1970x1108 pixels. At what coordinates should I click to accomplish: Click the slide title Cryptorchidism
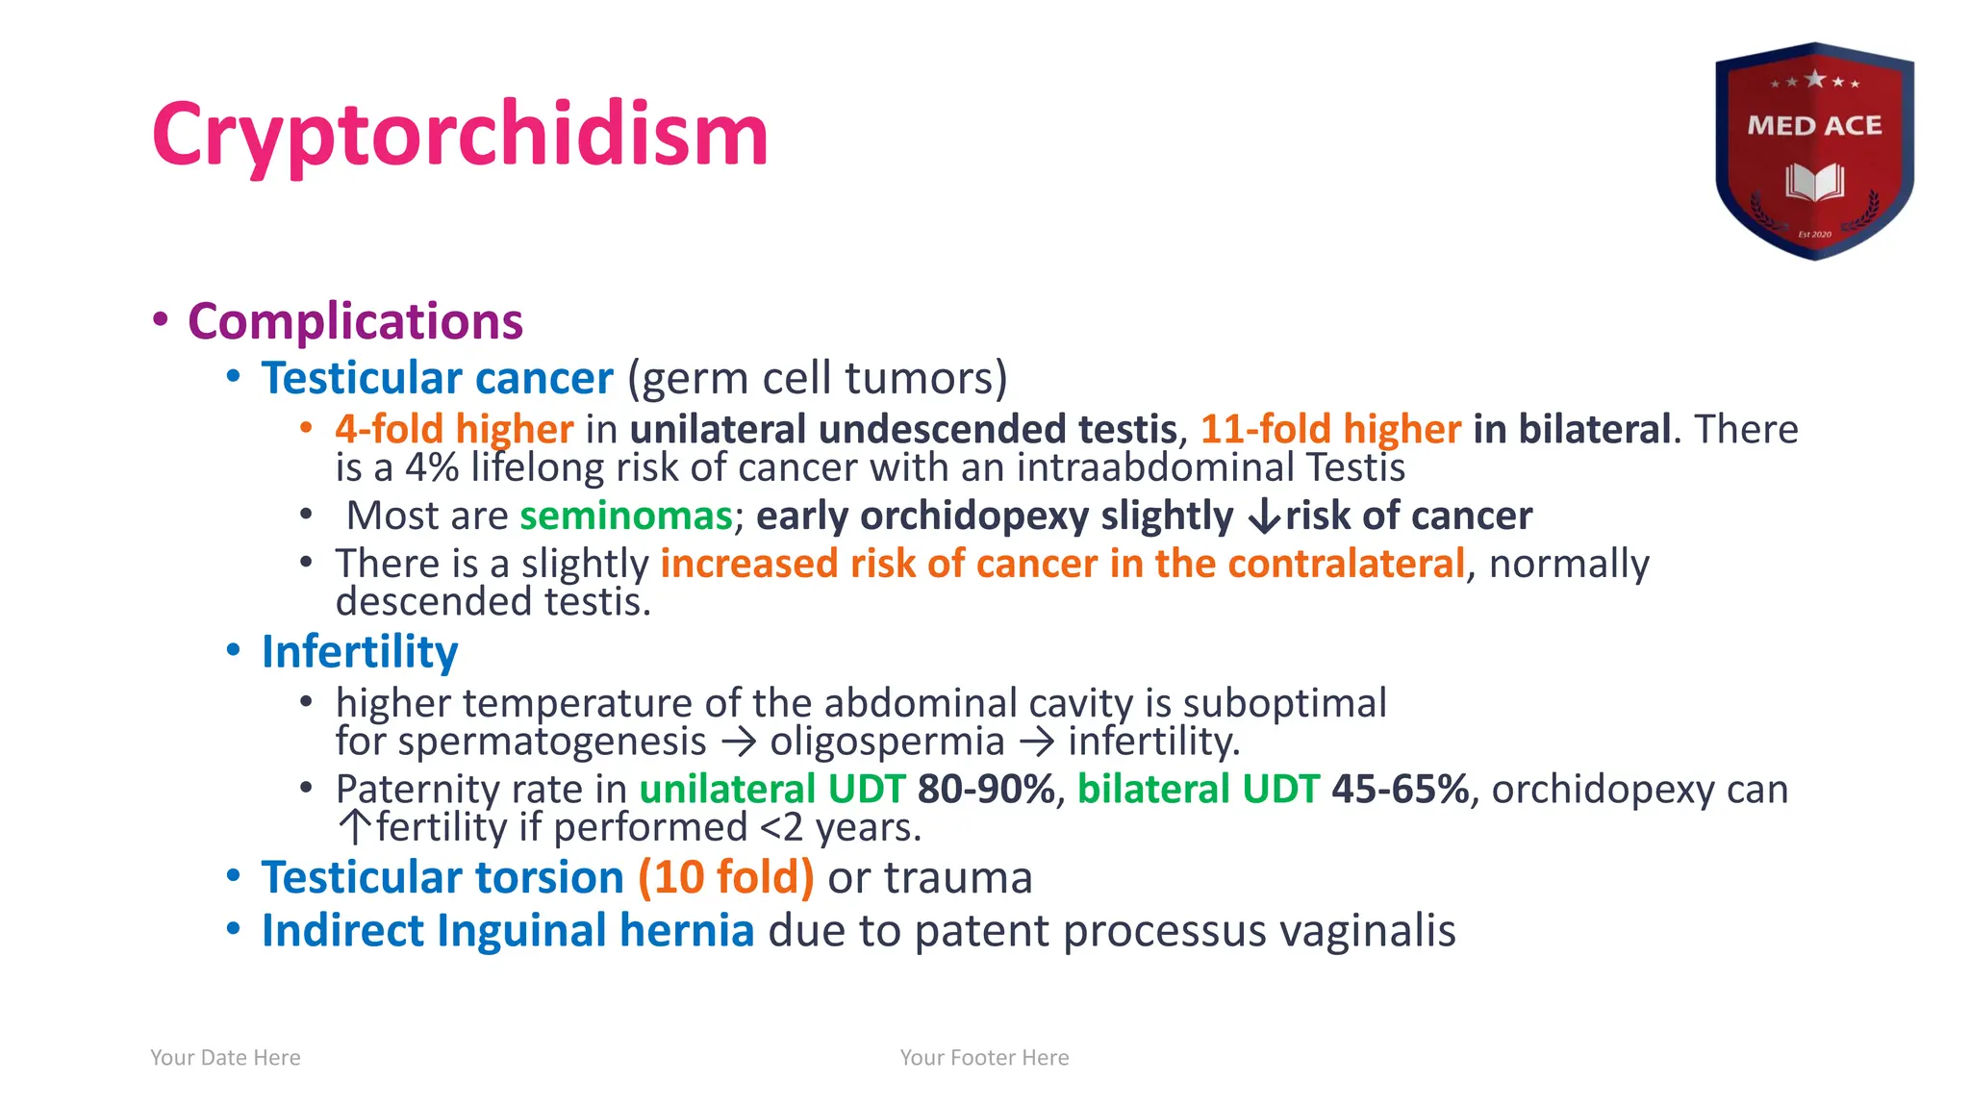460,135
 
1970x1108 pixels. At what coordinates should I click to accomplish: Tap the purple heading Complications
355,321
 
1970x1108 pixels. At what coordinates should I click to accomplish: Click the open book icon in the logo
1814,182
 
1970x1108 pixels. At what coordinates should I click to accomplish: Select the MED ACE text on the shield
1814,126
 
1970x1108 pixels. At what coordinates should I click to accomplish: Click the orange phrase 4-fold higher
454,429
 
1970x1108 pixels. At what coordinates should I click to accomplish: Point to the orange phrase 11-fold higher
1330,429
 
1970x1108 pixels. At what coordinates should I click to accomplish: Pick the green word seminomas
626,516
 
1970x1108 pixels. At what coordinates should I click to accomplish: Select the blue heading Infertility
360,652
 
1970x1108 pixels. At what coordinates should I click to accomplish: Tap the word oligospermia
887,742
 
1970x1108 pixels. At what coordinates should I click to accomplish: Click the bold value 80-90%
987,790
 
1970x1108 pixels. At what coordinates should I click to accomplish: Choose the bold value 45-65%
1401,790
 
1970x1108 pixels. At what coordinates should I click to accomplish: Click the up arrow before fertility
355,827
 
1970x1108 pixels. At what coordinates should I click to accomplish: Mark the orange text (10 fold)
726,877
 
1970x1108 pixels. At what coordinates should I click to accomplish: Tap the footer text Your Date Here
225,1058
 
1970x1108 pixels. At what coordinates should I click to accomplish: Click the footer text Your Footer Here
984,1058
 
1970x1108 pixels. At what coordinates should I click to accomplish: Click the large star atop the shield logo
1814,79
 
